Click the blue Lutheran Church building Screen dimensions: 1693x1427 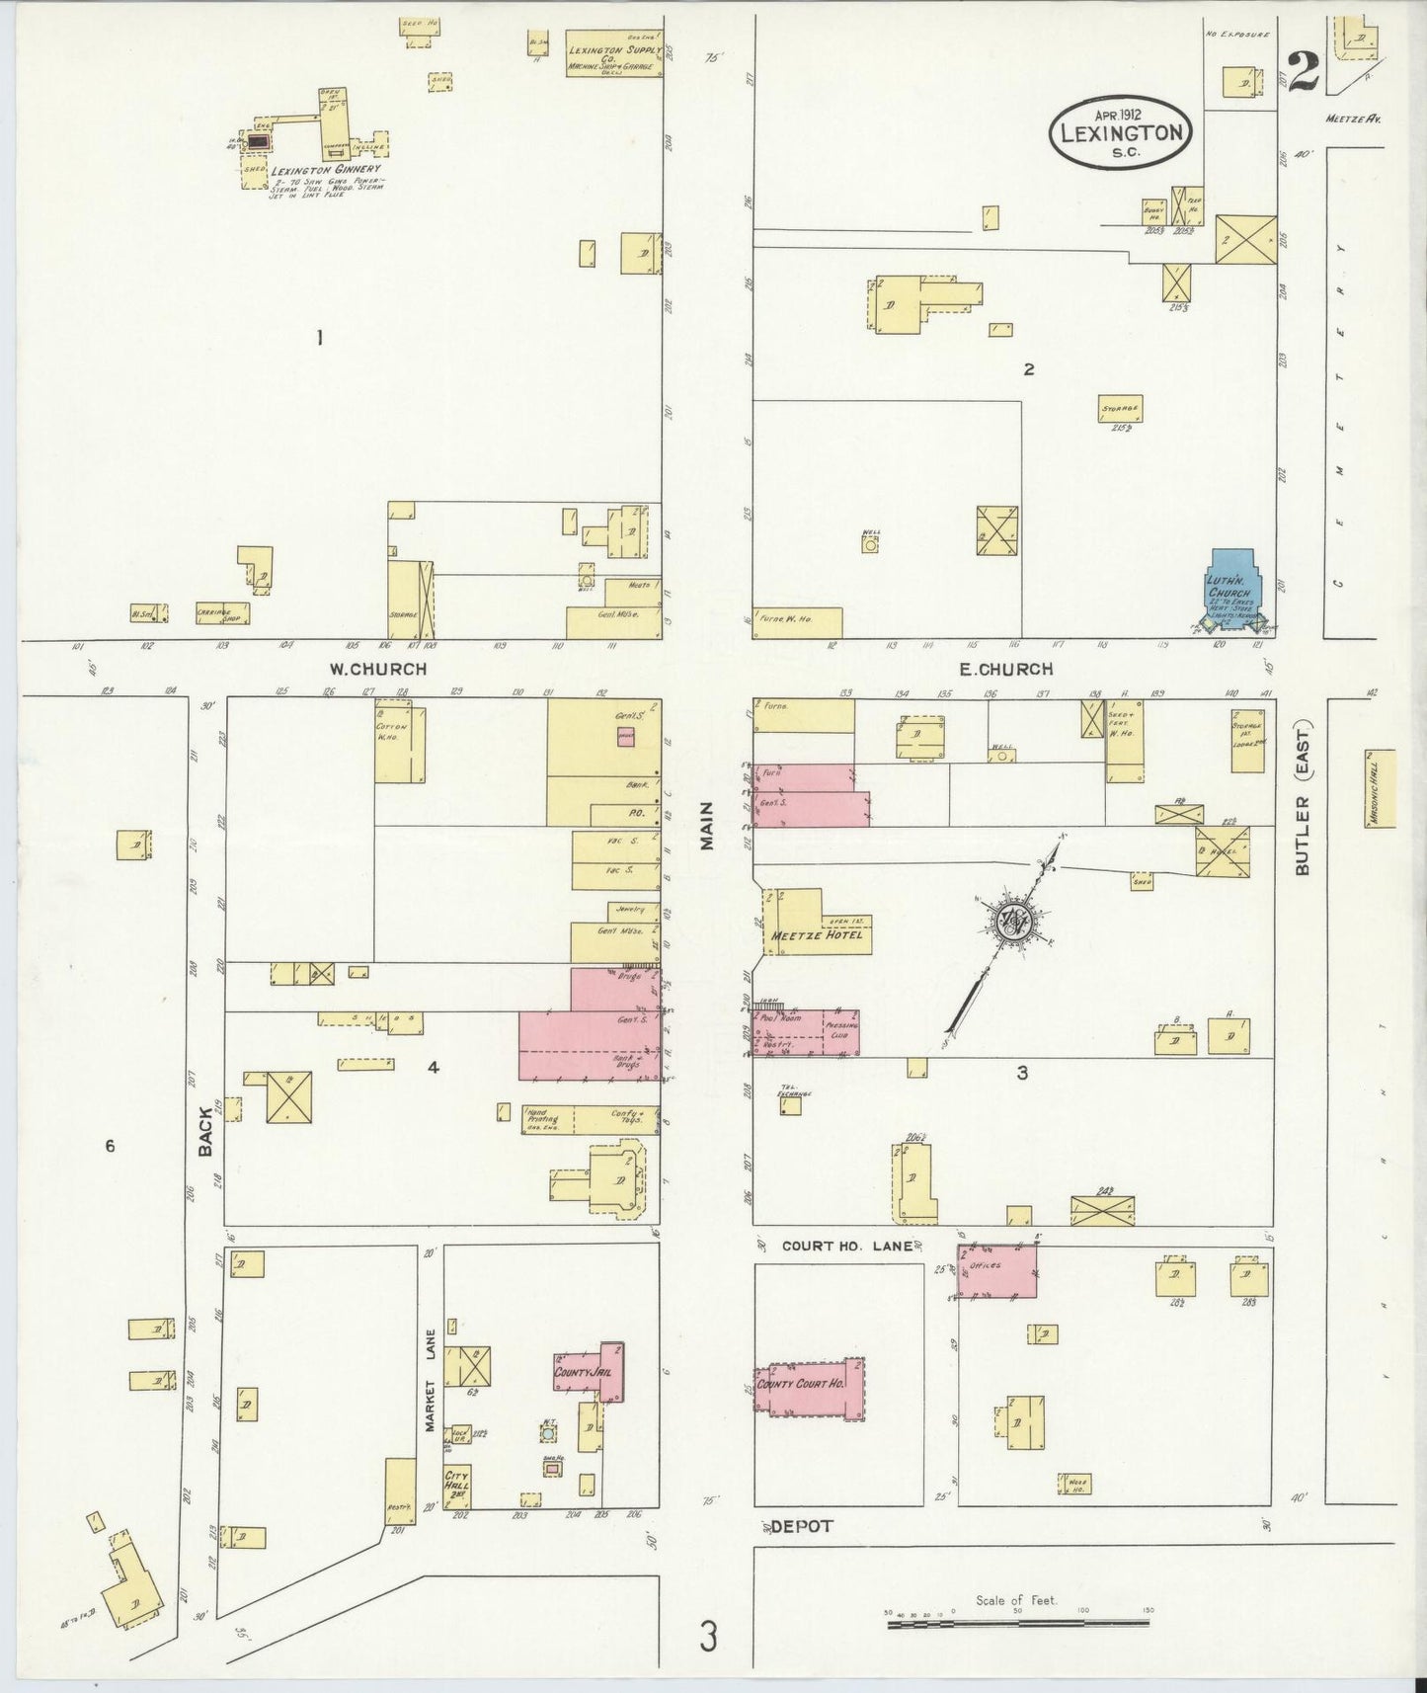(1231, 589)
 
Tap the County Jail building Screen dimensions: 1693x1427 (591, 1372)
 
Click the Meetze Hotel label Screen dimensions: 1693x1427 (819, 934)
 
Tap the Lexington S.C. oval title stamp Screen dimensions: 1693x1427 (1121, 131)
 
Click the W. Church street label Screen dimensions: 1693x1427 (378, 669)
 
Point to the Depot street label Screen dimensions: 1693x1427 (803, 1526)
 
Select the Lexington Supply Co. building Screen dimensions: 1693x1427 (613, 53)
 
